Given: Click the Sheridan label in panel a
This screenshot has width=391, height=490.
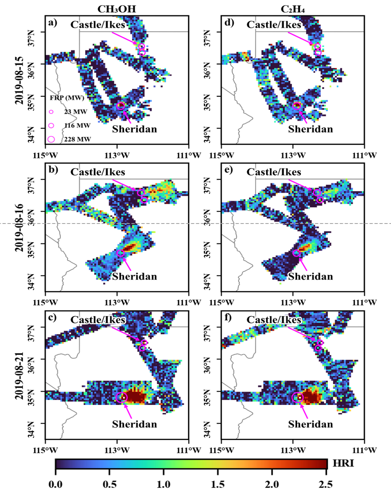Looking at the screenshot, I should pos(134,128).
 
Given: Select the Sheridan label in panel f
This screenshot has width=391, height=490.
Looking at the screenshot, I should pos(311,424).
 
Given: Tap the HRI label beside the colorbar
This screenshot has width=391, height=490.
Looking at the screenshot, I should pos(343,463).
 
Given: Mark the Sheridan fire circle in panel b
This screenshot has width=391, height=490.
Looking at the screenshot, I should pos(120,253).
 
